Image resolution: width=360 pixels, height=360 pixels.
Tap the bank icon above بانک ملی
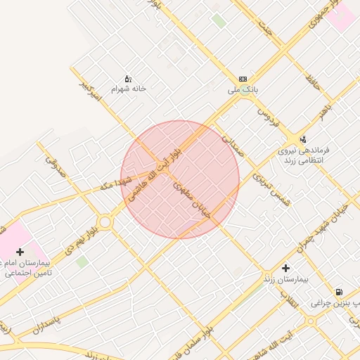pos(243,79)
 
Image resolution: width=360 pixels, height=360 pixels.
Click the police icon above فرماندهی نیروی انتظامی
pos(303,139)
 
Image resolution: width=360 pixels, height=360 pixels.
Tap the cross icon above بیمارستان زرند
pos(285,268)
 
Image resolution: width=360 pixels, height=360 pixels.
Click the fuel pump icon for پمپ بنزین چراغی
pos(340,291)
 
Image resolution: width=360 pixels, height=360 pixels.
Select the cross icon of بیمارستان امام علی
pos(20,251)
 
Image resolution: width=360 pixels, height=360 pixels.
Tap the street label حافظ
pos(313,85)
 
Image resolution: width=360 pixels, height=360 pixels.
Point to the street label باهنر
pos(324,110)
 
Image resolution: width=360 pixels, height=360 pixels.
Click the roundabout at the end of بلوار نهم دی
pos(105,221)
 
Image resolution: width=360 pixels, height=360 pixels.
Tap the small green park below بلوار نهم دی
pos(83,262)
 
